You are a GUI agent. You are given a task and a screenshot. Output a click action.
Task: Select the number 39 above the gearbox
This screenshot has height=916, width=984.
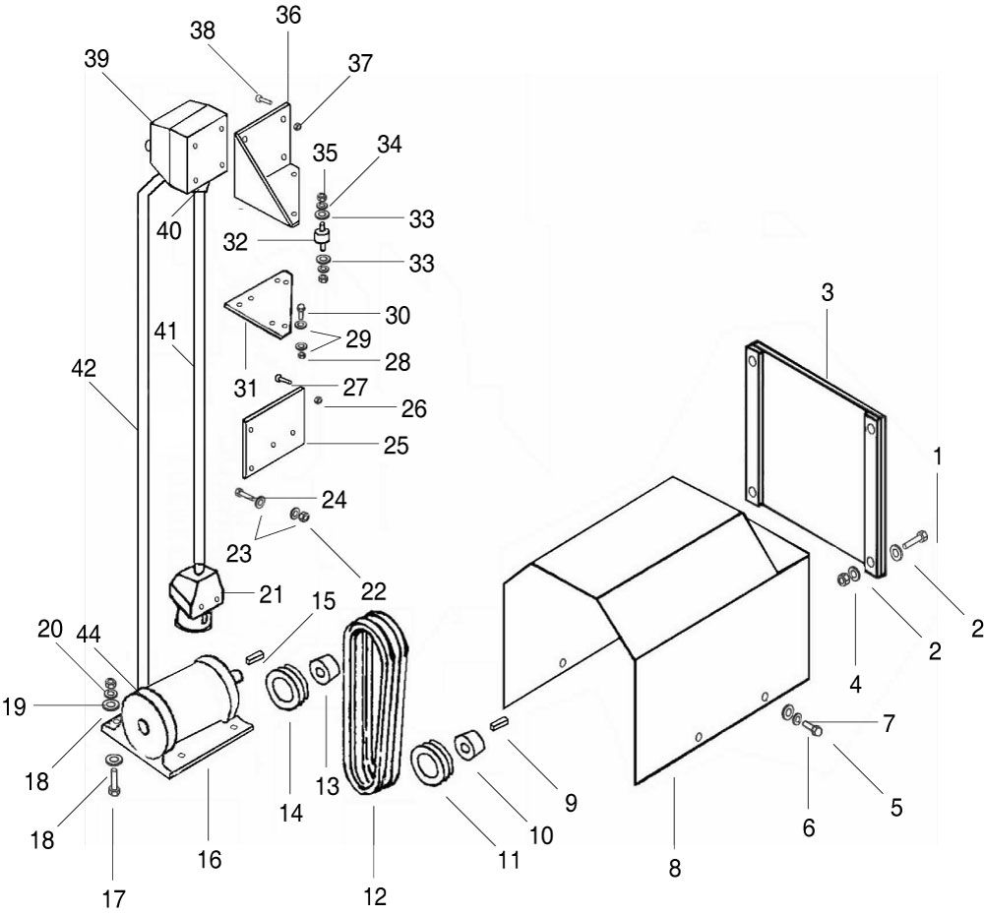click(96, 58)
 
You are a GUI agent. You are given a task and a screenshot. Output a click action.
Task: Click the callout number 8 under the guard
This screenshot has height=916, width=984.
click(675, 869)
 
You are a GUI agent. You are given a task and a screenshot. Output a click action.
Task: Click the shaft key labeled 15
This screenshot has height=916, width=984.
click(253, 657)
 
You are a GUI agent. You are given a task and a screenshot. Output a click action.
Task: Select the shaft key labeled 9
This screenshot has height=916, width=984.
click(500, 723)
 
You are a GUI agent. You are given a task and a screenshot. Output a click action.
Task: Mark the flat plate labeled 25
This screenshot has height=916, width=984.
click(273, 432)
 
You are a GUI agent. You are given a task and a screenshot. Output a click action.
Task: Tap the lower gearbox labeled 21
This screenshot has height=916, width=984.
click(196, 596)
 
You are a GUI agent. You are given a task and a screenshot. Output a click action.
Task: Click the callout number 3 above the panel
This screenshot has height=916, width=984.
click(828, 292)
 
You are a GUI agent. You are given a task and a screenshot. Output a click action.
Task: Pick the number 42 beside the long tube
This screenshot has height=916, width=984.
click(84, 368)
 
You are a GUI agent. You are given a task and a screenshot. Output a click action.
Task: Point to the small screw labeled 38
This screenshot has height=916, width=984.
click(263, 98)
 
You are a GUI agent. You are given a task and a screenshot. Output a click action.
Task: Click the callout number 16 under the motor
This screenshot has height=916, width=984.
click(210, 859)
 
